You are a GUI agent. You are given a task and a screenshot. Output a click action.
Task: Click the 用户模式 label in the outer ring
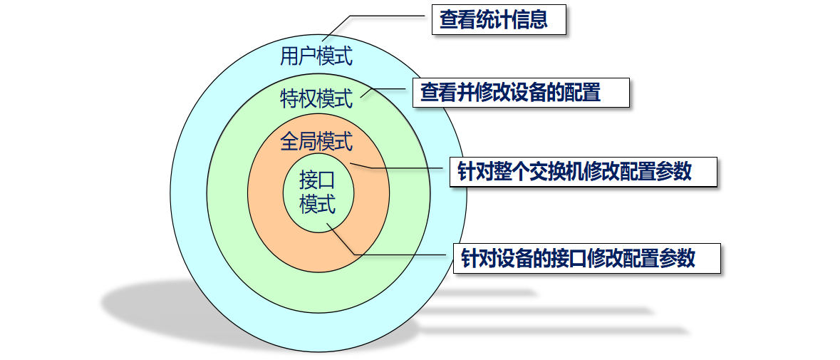pos(316,56)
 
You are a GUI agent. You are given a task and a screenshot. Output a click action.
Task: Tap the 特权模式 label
pos(316,98)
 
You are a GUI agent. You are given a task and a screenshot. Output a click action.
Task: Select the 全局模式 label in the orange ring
pos(316,142)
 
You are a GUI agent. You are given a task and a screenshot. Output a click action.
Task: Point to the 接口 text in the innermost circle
pos(317,178)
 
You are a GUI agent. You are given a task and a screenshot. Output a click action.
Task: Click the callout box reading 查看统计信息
pos(499,20)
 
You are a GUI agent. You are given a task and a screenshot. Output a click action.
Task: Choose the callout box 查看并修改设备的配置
pos(521,93)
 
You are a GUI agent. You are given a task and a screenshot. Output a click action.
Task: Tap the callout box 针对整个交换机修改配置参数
pos(583,172)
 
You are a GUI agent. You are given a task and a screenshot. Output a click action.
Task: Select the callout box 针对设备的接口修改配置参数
pos(586,257)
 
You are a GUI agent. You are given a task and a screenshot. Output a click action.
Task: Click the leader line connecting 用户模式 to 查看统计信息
pos(378,16)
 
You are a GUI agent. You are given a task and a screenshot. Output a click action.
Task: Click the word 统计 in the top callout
pos(493,20)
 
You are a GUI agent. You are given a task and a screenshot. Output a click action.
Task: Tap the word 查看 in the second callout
pos(438,93)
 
